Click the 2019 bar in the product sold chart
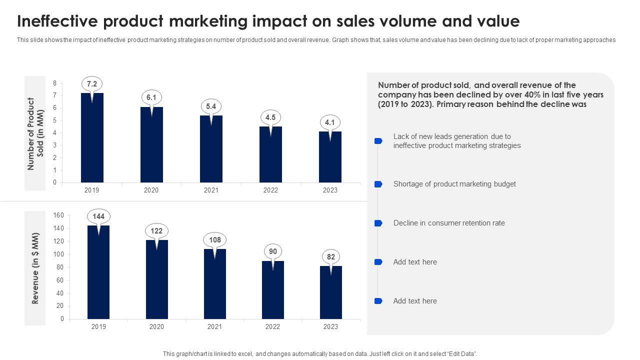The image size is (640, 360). coord(92,140)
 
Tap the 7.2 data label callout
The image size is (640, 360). coord(92,84)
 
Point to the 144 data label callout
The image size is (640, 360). coord(98,216)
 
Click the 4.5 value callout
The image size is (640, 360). coord(270,117)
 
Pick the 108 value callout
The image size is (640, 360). coord(215,240)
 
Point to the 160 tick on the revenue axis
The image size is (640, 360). coord(58,215)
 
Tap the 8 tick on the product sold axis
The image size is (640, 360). coord(55,83)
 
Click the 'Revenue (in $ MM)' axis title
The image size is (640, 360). coord(35,268)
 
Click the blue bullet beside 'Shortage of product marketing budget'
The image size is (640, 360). coord(378,184)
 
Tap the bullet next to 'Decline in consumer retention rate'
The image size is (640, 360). coord(378,223)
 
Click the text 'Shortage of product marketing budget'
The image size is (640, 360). coord(454,184)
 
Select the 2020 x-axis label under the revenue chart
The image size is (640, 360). coord(156,327)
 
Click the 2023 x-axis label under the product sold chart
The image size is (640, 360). coord(330,190)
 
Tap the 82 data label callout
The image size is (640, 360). coord(330,257)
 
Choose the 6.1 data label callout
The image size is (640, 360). coord(151,97)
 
